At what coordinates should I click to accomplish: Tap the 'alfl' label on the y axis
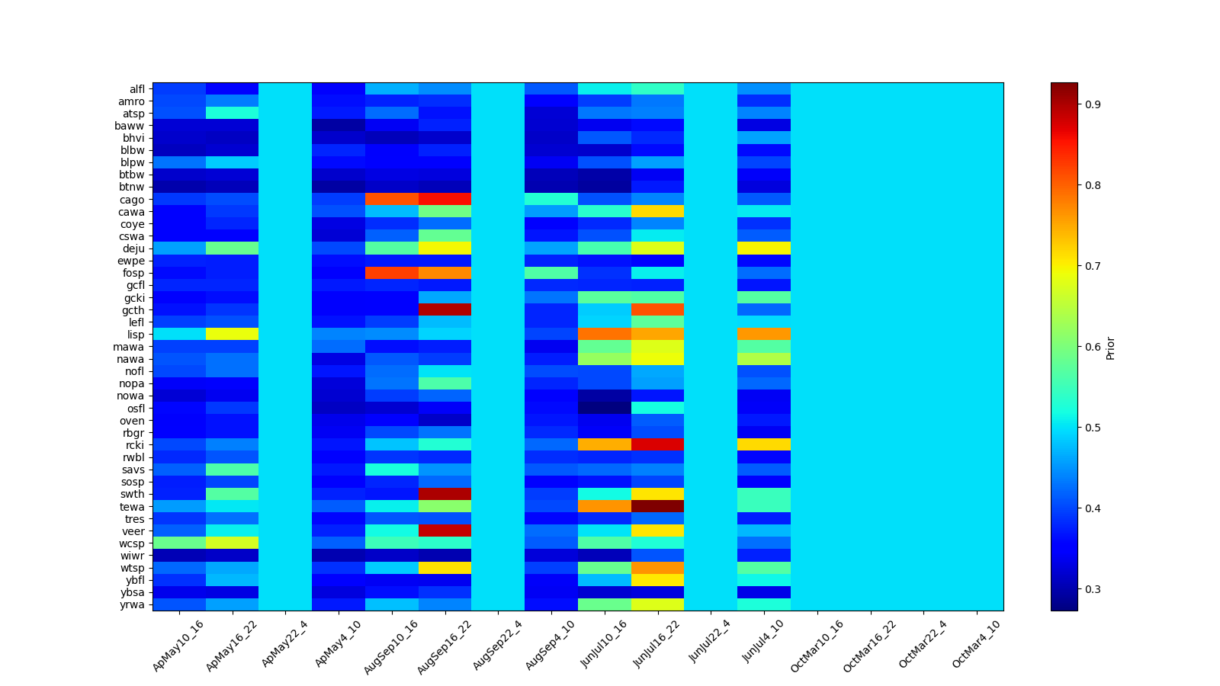tap(136, 89)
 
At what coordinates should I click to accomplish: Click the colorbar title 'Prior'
tap(1111, 347)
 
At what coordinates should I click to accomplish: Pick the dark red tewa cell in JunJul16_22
tap(657, 507)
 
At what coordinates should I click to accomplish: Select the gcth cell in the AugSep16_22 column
tap(445, 310)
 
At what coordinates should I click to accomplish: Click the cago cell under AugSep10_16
tap(392, 200)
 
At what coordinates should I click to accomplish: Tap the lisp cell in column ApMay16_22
tap(233, 335)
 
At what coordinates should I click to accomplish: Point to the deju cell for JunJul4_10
tap(764, 248)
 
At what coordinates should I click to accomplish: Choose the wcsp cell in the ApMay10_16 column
tap(179, 543)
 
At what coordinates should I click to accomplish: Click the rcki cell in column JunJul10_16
tap(605, 445)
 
